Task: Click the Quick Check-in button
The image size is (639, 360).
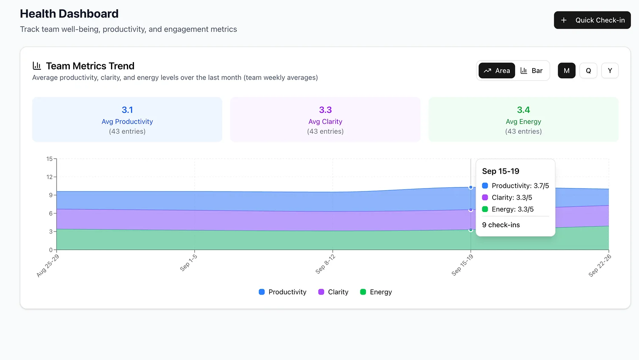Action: click(592, 20)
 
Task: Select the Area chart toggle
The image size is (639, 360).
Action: click(496, 71)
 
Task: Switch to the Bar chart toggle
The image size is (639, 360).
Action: click(531, 71)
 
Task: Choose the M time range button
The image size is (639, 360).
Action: click(566, 71)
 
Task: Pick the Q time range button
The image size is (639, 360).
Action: click(588, 71)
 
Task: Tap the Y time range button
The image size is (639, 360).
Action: click(610, 71)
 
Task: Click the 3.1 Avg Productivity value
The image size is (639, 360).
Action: click(127, 110)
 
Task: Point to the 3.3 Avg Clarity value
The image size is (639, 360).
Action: click(325, 110)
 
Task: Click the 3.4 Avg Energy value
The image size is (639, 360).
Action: click(523, 110)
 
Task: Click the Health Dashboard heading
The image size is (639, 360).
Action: click(69, 14)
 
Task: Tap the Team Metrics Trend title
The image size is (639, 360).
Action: click(90, 66)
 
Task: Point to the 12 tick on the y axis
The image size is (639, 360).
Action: click(50, 177)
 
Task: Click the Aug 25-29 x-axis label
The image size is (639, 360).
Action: click(48, 266)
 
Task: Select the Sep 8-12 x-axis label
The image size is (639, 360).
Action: click(325, 264)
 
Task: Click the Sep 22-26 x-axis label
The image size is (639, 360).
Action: click(600, 266)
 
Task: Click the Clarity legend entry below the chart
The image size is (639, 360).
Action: click(333, 292)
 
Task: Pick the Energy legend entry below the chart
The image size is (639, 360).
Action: click(376, 292)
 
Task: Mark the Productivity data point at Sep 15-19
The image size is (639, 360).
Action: click(471, 187)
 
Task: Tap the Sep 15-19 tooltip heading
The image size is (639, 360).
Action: click(500, 171)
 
